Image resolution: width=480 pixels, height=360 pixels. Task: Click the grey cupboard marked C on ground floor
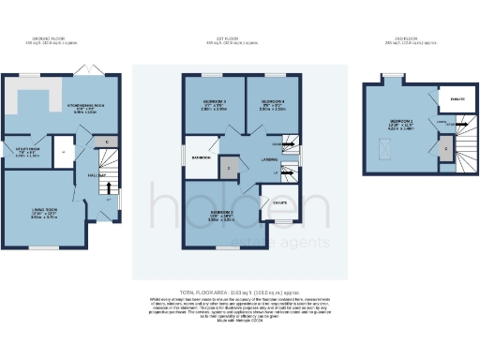(105, 141)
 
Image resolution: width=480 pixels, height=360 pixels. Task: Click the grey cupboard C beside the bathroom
(230, 168)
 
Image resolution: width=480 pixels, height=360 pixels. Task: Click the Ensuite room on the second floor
(458, 98)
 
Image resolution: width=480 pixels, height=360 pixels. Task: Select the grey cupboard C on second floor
(445, 147)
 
